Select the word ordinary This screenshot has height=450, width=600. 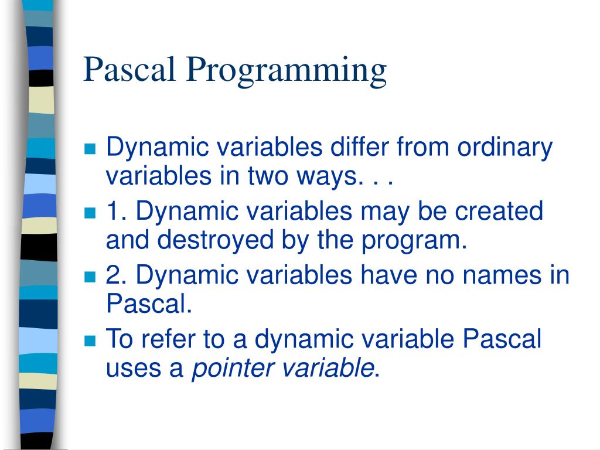[504, 148]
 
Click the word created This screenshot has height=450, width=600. [503, 211]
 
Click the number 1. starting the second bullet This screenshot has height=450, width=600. [117, 211]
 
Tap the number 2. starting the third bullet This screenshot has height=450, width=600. [117, 275]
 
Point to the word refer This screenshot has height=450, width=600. [160, 339]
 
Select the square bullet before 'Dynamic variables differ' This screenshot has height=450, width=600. [90, 149]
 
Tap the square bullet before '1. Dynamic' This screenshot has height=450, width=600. [90, 213]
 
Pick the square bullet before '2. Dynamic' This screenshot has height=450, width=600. [90, 277]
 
